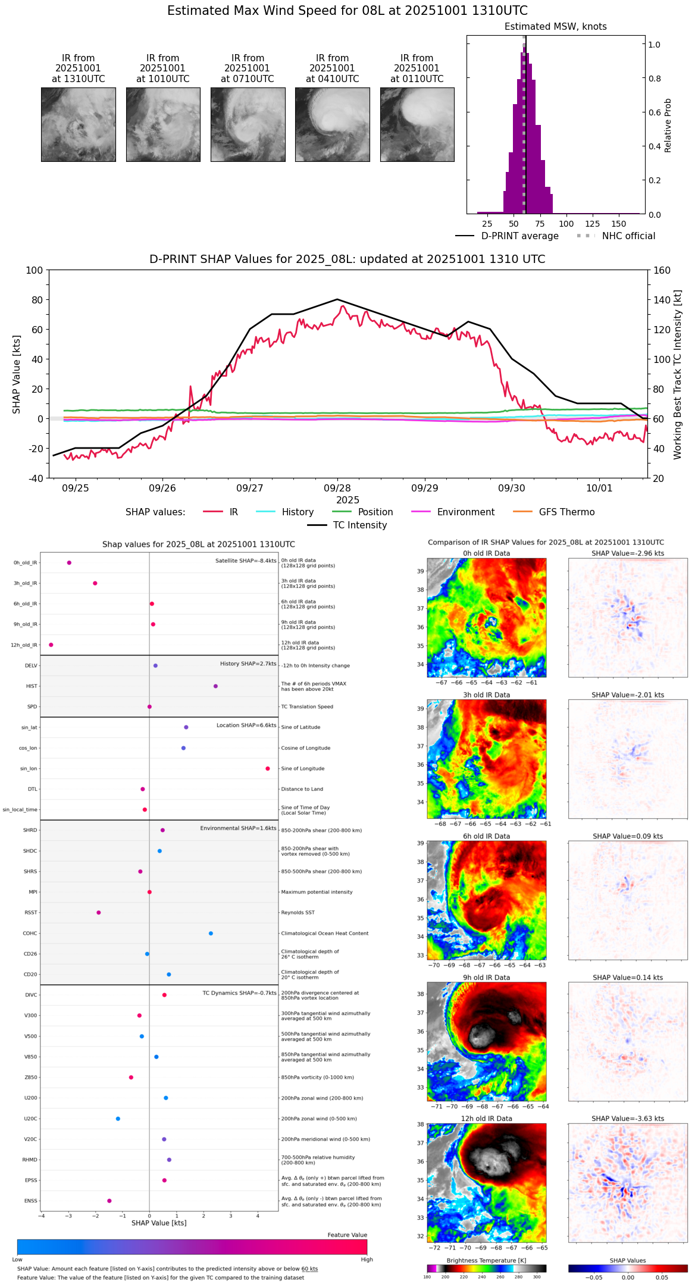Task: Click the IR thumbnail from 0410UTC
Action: coord(332,124)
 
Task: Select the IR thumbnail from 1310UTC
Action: coord(78,124)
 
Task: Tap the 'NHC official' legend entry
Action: coord(628,236)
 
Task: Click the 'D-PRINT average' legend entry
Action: coord(519,236)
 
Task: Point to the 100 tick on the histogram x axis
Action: coord(566,224)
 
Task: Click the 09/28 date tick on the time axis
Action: coord(337,488)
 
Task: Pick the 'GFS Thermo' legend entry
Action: coord(566,512)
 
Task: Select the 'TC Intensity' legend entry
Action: coord(359,525)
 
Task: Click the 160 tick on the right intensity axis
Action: coord(662,270)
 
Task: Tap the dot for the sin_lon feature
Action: coord(268,769)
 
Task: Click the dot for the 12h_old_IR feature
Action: coord(51,645)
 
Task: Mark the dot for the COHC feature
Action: coord(211,934)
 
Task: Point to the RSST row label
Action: coord(31,913)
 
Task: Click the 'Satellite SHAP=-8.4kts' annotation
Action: coord(246,560)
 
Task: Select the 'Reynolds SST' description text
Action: coord(298,913)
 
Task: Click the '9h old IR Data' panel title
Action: coord(486,978)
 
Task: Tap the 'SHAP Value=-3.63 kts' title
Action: coord(628,1119)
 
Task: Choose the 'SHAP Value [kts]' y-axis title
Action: coord(17,374)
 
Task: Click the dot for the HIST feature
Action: coord(215,686)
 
